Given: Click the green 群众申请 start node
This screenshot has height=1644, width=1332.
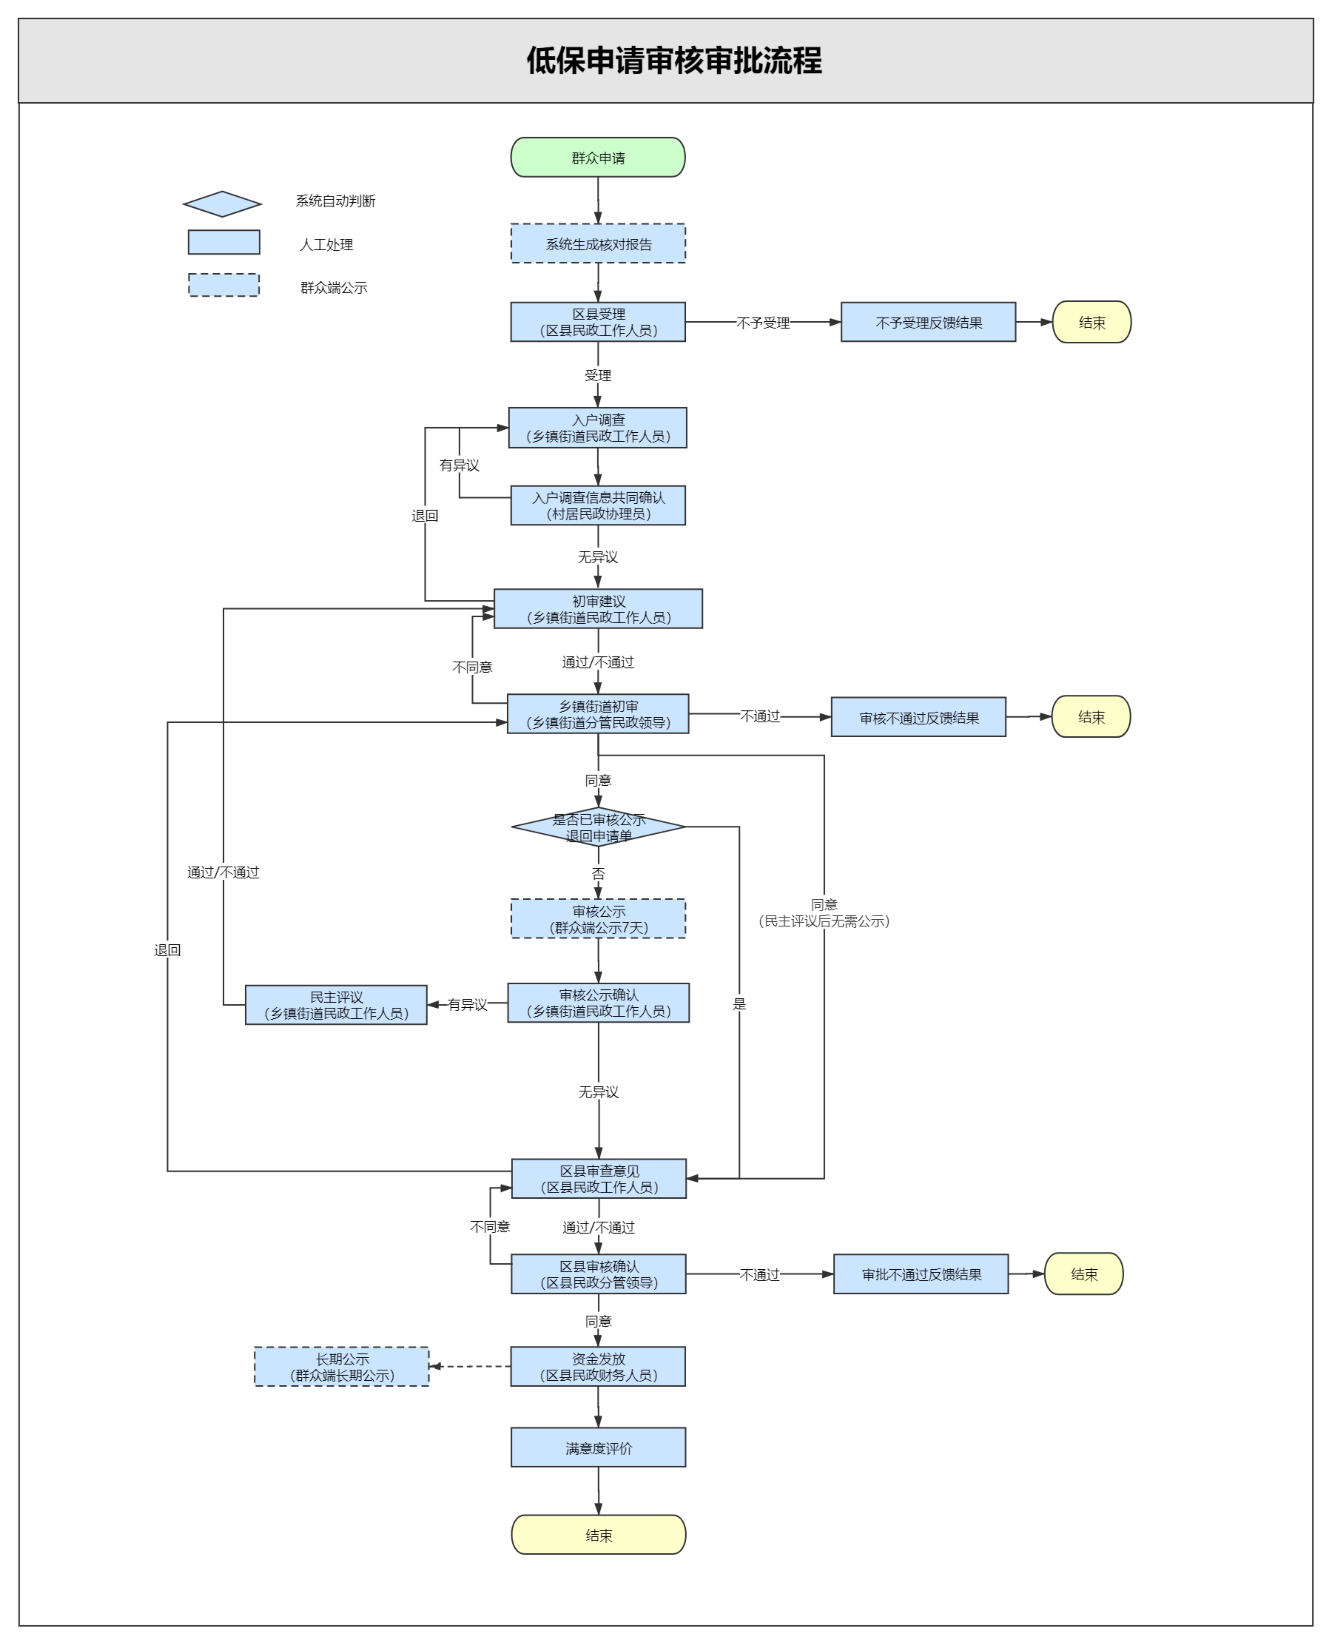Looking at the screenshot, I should pos(598,157).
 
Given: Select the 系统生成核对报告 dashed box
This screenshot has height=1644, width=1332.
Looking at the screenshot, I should pos(598,244).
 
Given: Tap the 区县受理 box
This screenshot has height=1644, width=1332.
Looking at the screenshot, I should pos(598,322).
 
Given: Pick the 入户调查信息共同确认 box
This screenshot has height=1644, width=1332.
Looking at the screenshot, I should pos(598,506).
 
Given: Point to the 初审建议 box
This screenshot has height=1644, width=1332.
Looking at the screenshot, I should pos(598,609).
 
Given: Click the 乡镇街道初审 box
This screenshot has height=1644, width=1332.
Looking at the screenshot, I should pos(598,714).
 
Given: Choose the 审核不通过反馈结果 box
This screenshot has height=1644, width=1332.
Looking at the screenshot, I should pos(919,717).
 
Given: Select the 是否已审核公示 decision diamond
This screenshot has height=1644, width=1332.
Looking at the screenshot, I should pos(598,827).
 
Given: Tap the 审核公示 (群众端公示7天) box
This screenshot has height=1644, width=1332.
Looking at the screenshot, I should pos(598,919).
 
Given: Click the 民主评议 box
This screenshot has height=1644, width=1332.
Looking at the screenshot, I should pos(336,1005).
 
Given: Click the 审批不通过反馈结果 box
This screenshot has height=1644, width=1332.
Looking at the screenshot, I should pos(921,1274).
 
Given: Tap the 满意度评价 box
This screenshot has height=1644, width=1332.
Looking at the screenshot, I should pos(598,1448).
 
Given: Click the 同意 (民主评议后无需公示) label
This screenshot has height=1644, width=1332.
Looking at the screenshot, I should pos(824,913).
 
